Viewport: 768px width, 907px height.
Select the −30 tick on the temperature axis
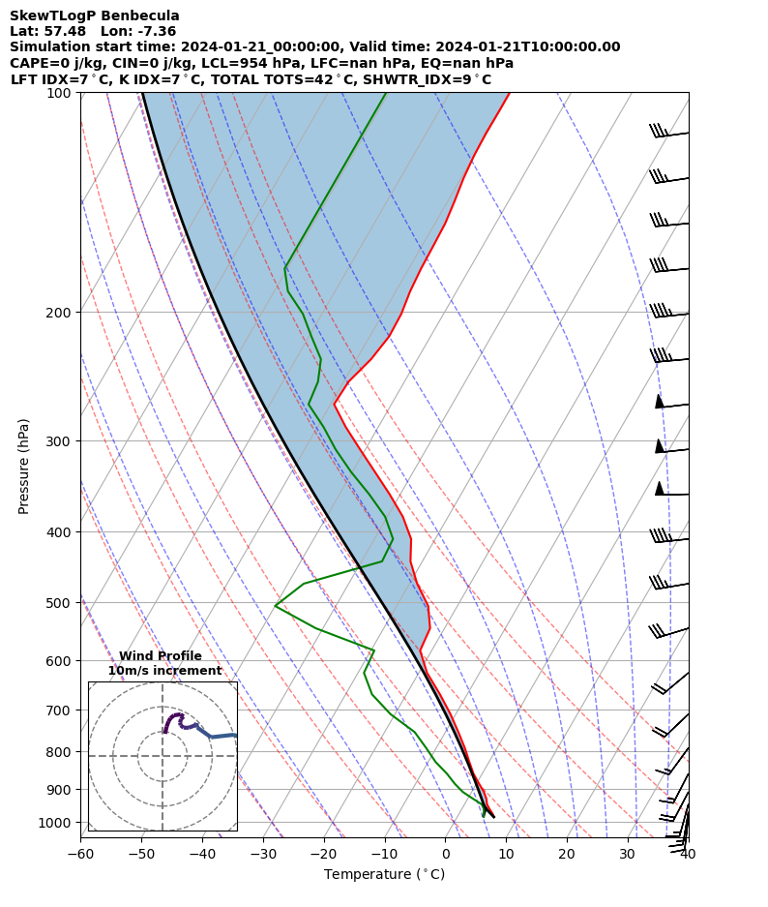(x=263, y=854)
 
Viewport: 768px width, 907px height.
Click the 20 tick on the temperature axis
(x=567, y=854)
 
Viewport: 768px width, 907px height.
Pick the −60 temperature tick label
(x=80, y=854)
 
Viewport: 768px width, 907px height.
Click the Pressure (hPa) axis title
(x=24, y=466)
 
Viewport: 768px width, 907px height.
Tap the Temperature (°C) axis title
(x=384, y=875)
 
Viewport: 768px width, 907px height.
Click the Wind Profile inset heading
(x=161, y=656)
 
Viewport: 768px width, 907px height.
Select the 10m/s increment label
(x=164, y=671)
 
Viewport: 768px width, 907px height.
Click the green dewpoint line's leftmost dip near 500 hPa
(x=276, y=606)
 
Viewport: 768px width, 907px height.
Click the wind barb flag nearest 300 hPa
(x=661, y=445)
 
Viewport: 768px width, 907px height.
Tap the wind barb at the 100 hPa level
(x=667, y=133)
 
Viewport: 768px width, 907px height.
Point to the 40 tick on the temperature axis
(x=688, y=854)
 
